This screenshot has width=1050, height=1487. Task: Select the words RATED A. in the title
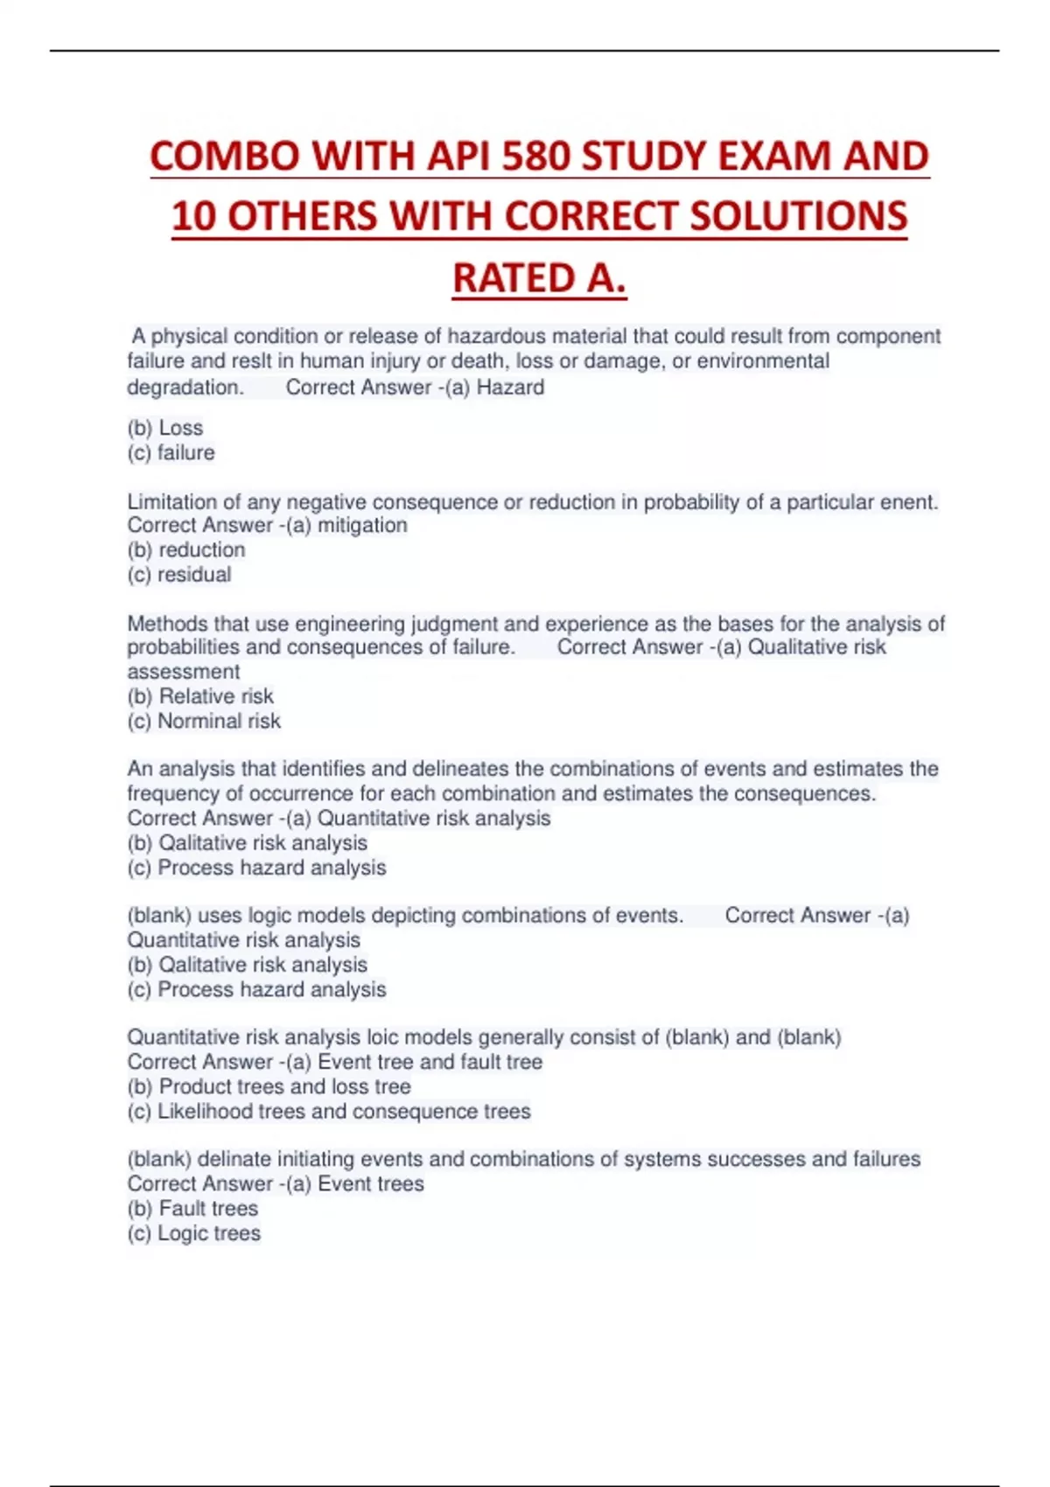tap(539, 279)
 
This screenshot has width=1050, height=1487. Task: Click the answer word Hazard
tap(510, 387)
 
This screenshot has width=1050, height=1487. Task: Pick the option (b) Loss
tap(165, 428)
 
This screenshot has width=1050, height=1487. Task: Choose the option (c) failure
tap(171, 453)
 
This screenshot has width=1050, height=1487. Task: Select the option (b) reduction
tap(186, 550)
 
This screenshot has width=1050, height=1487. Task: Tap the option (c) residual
tap(179, 575)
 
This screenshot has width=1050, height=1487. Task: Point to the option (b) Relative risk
tap(200, 696)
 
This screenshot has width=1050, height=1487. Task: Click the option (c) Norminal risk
tap(204, 721)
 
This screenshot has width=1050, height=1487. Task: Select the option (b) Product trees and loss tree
tap(269, 1086)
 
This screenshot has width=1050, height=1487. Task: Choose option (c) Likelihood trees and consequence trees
tap(329, 1111)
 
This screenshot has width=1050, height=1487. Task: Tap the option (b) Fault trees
tap(192, 1208)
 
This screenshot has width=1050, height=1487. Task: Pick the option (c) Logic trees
tap(193, 1233)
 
